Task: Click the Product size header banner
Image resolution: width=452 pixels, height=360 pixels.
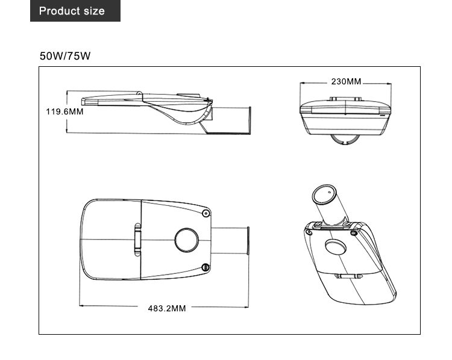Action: (x=75, y=11)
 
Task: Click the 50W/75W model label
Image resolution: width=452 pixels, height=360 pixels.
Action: (x=65, y=56)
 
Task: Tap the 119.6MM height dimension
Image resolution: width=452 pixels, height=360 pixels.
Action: (x=64, y=111)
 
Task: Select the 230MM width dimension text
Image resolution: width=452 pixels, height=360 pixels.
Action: (x=346, y=81)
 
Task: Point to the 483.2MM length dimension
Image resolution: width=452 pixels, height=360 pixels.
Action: (x=167, y=308)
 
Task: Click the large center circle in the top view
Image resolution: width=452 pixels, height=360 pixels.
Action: (x=187, y=240)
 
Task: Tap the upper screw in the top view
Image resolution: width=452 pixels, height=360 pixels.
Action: (x=206, y=213)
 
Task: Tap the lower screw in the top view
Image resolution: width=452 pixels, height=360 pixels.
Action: (x=206, y=267)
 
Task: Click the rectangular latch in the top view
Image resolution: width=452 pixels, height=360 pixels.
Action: (x=138, y=240)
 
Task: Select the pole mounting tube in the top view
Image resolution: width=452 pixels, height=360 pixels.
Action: (x=230, y=241)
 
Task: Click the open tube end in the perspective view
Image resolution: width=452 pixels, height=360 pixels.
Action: (x=324, y=194)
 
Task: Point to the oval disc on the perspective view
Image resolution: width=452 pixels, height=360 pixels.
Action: (x=336, y=247)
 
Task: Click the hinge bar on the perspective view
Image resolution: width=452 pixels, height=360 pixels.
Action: (x=348, y=276)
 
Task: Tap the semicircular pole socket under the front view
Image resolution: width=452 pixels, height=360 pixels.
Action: (x=346, y=141)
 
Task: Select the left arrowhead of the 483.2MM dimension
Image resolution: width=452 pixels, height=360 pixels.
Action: (x=81, y=305)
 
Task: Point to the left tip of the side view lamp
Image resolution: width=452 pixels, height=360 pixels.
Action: (x=82, y=101)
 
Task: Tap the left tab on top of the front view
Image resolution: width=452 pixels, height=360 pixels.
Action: (x=333, y=99)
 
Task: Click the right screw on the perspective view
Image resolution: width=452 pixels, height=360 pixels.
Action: (x=354, y=233)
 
